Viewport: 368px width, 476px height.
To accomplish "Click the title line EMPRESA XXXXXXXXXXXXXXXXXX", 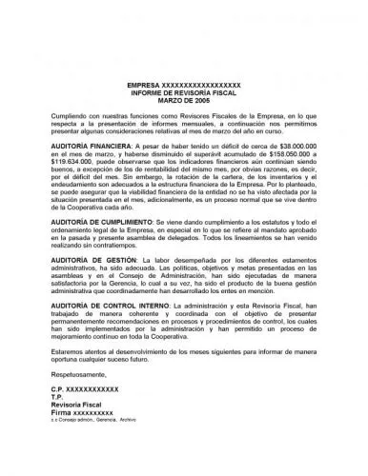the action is (x=184, y=85).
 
